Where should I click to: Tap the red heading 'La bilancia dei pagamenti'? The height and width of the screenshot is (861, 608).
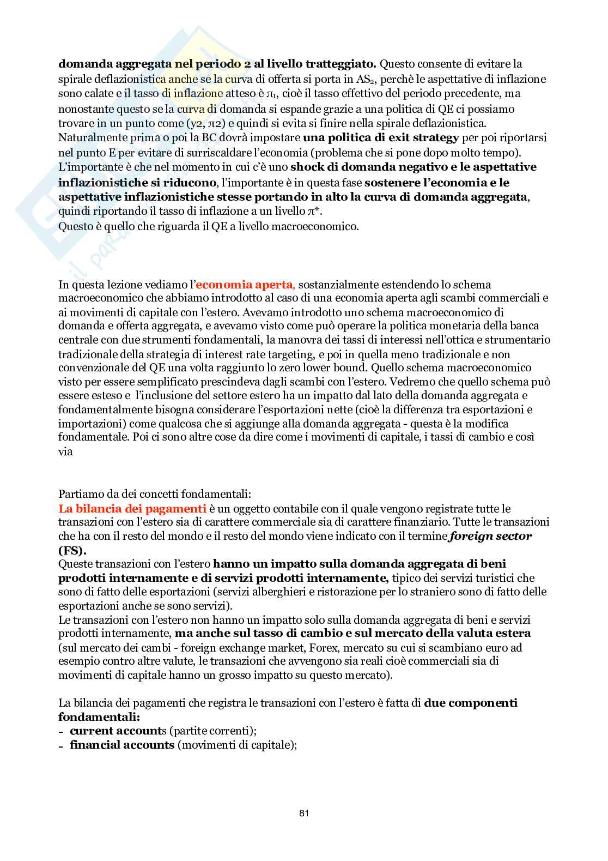[133, 509]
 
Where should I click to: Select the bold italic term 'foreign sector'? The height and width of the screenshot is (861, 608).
[490, 536]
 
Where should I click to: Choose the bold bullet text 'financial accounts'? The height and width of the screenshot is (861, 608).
[121, 744]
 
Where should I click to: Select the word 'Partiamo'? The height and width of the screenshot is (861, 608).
[78, 495]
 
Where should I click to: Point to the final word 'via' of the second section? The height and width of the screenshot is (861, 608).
[65, 436]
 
